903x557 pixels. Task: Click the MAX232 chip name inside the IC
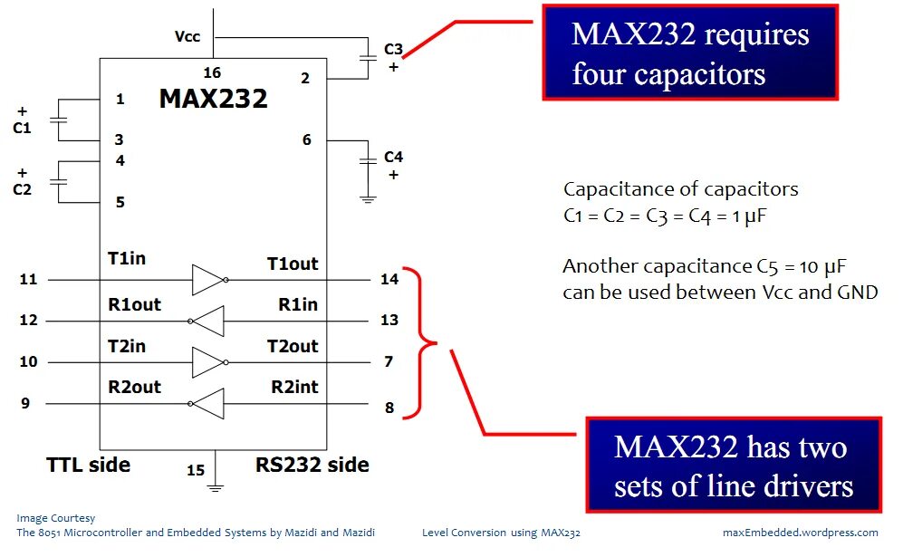coord(213,98)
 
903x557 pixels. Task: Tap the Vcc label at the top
coord(187,37)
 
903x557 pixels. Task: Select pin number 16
coord(212,72)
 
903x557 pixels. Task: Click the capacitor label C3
coord(393,49)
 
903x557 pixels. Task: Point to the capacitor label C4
coord(393,157)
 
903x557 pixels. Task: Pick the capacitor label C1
coord(22,129)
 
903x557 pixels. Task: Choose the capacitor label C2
coord(22,189)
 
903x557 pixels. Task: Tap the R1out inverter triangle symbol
coord(208,322)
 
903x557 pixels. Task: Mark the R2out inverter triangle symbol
coord(208,404)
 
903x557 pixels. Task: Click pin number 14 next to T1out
coord(389,279)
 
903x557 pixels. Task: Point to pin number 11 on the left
coord(29,279)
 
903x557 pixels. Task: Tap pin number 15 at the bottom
coord(196,470)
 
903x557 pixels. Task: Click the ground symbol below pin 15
coord(216,488)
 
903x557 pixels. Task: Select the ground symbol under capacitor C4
coord(368,197)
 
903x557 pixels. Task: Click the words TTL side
coord(89,466)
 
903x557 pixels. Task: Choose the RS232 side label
coord(312,466)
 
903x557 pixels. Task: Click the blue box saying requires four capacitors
coord(690,53)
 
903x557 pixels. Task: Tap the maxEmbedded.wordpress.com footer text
coord(801,533)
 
